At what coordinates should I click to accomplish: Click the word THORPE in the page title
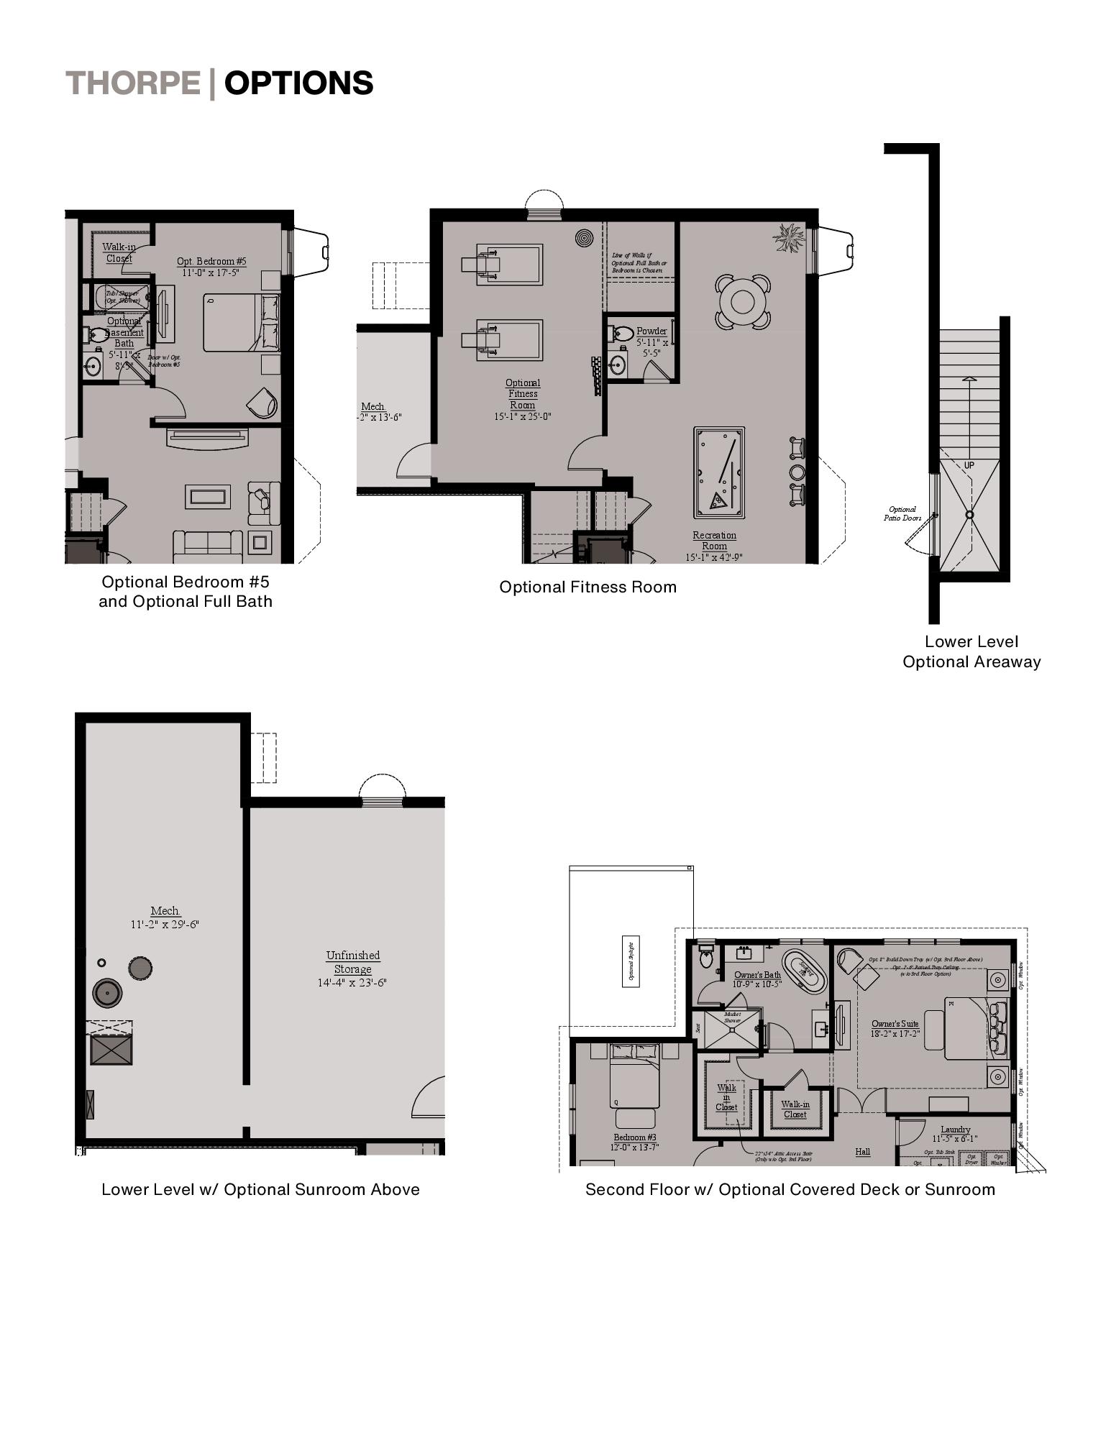[x=133, y=83]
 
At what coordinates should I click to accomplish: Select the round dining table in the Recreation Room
[x=741, y=301]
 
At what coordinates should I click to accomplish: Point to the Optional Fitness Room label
[x=523, y=394]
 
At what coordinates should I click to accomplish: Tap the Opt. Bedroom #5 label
[x=211, y=262]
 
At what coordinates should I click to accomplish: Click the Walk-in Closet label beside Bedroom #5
[x=119, y=252]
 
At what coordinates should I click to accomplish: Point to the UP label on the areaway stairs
[x=969, y=466]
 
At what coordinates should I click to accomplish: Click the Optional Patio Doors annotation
[x=902, y=513]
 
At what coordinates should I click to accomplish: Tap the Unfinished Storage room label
[x=352, y=962]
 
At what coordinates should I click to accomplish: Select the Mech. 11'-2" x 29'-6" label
[x=165, y=917]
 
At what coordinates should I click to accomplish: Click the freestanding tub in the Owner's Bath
[x=805, y=971]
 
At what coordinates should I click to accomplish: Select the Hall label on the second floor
[x=862, y=1151]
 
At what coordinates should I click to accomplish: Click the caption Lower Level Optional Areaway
[x=971, y=651]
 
